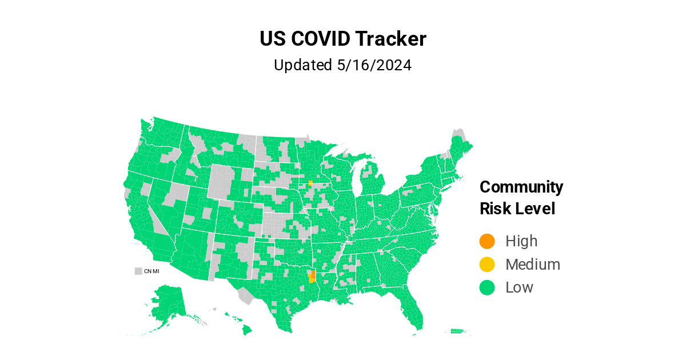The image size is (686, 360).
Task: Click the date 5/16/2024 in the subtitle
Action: coord(374,65)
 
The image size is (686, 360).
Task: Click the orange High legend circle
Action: coord(487,241)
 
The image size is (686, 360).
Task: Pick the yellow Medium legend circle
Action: coord(487,265)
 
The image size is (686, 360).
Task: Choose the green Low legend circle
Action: coord(487,287)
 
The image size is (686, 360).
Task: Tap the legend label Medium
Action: coord(533,265)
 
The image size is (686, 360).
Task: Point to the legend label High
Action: coord(521,241)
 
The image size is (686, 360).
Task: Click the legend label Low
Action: coord(519,287)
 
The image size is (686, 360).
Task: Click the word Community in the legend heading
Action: coord(521,187)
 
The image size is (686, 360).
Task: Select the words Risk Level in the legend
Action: coord(517,209)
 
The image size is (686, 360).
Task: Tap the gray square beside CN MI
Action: coord(138,271)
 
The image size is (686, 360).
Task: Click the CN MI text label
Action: coord(151,271)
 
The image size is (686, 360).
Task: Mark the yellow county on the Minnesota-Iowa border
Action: coord(310,183)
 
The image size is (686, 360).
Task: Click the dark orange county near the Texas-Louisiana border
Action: coord(313,274)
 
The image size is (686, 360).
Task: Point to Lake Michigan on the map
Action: coord(357,183)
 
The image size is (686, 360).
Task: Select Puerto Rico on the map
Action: coord(457,331)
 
